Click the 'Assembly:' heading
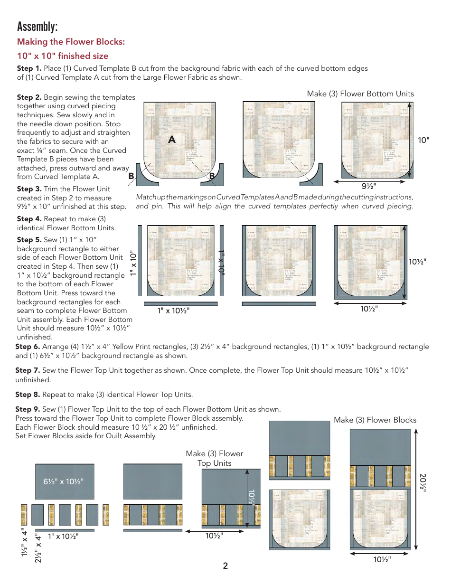click(x=38, y=26)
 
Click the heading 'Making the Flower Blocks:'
click(x=71, y=42)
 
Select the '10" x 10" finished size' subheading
click(x=63, y=56)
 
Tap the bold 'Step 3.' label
click(x=29, y=189)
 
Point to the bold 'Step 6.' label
click(x=28, y=347)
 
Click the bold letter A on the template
click(x=172, y=140)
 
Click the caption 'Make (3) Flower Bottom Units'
click(x=360, y=94)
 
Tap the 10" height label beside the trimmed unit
click(x=423, y=140)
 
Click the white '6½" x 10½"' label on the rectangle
click(x=64, y=481)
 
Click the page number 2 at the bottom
click(x=225, y=566)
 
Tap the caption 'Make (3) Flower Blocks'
click(x=375, y=420)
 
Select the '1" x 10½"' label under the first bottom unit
click(x=173, y=311)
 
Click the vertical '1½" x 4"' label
click(x=24, y=542)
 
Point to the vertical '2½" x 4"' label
click(x=38, y=548)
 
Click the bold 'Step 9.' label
click(x=28, y=409)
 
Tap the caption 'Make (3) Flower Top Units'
click(x=215, y=458)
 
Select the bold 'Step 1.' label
click(x=29, y=68)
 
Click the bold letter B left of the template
click(x=131, y=176)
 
